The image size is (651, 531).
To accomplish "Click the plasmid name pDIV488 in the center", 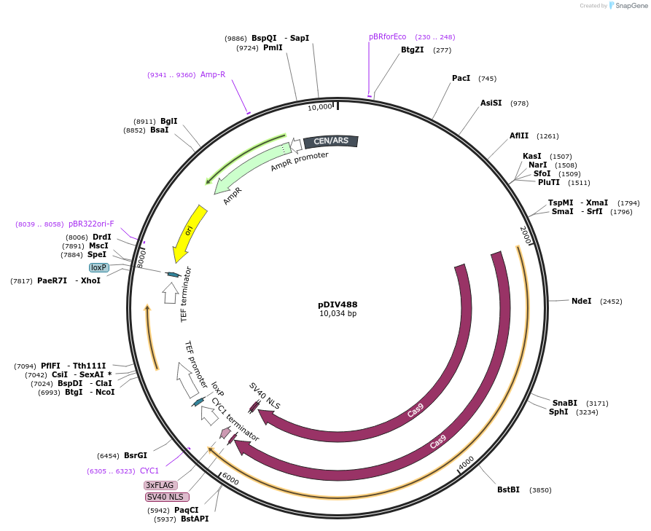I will tap(338, 304).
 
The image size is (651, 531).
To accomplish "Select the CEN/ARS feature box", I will tap(331, 141).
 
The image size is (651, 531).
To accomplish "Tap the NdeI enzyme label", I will tap(582, 301).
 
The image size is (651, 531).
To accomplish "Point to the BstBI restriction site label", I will tap(508, 489).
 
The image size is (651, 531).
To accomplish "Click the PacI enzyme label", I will tap(461, 79).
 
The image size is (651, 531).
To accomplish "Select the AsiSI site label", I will tap(491, 103).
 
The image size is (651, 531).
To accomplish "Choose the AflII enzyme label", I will tap(519, 135).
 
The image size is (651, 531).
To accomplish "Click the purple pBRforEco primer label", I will tap(387, 36).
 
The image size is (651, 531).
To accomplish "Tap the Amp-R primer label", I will tap(213, 74).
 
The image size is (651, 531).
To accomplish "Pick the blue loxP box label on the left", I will tap(99, 267).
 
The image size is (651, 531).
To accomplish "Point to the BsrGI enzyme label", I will tap(135, 455).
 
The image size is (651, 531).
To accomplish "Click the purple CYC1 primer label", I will tap(149, 471).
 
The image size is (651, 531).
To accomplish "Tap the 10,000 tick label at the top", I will tap(319, 107).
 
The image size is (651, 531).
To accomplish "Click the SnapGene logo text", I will tap(631, 6).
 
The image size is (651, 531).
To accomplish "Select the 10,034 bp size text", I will tap(338, 314).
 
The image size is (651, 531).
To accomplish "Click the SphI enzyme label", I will tap(558, 412).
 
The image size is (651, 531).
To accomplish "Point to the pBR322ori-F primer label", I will tap(91, 224).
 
